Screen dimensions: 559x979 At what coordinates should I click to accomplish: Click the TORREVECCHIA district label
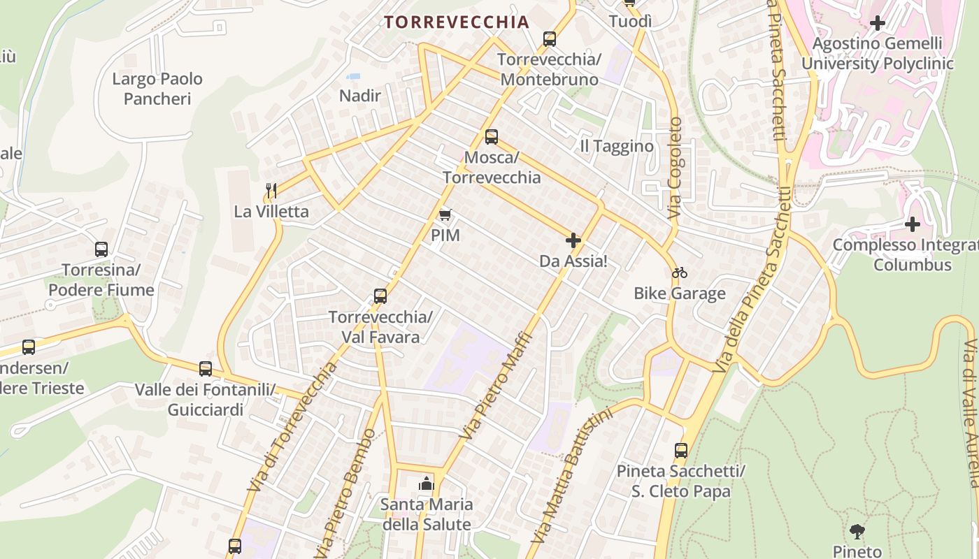(457, 22)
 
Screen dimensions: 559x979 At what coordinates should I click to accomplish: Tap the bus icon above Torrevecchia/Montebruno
(550, 38)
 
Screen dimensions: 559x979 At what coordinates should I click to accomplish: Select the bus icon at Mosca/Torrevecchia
(492, 136)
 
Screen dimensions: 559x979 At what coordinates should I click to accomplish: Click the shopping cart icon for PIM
(445, 215)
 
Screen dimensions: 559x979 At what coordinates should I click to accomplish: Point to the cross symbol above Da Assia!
(573, 241)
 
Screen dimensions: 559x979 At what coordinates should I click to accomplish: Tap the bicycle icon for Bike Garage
(679, 273)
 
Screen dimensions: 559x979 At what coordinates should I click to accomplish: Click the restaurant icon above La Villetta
(271, 189)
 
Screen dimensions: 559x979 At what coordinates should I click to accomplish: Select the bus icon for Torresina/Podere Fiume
(101, 249)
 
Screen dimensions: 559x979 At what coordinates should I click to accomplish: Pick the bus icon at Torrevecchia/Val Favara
(380, 296)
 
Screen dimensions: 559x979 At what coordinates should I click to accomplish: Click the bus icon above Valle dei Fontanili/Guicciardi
(206, 368)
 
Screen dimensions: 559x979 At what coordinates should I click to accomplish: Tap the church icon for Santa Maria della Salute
(426, 483)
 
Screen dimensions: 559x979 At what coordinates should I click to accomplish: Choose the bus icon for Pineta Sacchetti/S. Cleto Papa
(681, 451)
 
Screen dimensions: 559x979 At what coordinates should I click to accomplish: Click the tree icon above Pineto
(857, 532)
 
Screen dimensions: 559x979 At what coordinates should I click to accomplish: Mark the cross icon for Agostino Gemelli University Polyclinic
(877, 23)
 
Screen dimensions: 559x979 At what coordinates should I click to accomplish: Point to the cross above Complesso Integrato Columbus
(912, 224)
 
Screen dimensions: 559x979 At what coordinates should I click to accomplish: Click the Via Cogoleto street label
(675, 168)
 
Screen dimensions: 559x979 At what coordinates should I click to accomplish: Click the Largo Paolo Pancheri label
(157, 89)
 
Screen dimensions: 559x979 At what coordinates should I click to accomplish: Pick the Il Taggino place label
(617, 146)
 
